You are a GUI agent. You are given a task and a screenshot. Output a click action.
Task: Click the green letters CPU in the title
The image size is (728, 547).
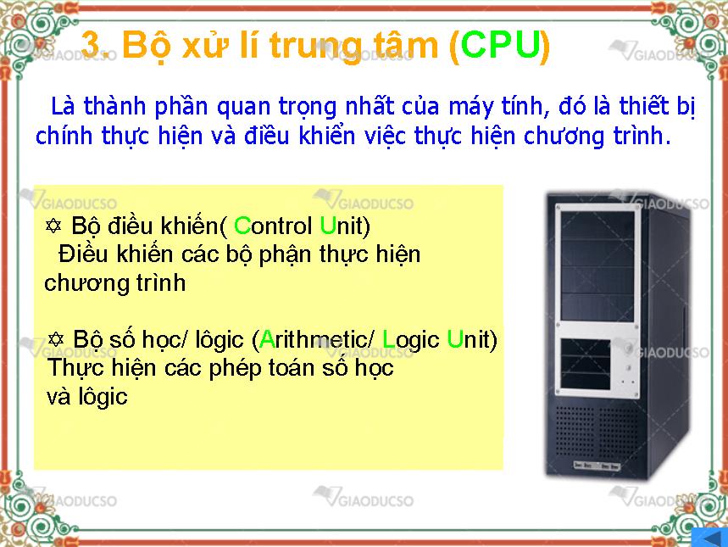coord(502,44)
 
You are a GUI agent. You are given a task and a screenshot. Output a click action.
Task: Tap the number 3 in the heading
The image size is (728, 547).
coord(91,44)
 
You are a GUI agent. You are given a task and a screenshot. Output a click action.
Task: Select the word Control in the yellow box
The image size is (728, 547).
coord(273,226)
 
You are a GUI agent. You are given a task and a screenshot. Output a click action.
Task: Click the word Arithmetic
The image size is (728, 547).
coord(315,339)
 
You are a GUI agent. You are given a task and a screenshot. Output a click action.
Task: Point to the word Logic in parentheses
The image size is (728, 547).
coord(411,341)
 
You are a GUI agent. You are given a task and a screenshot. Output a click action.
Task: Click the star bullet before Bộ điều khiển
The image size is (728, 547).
coord(53,226)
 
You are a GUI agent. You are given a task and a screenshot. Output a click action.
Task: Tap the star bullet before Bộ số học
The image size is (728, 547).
coord(56,338)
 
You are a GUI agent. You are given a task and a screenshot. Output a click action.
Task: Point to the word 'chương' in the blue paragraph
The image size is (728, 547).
coord(564,137)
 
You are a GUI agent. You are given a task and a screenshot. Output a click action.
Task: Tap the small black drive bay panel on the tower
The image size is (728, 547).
coord(586,365)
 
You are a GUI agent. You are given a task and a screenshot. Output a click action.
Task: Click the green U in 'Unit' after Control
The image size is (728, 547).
coord(328,226)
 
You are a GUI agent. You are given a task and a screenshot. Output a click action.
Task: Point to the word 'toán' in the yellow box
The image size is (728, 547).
coord(284,368)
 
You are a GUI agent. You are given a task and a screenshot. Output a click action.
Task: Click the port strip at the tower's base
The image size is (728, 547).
coord(596,466)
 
